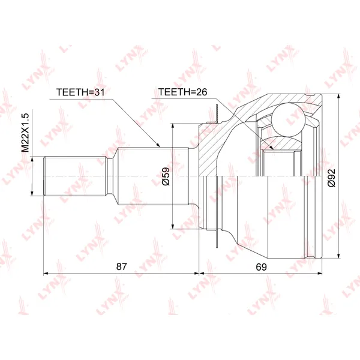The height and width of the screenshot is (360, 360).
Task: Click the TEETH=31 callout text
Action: (x=80, y=92)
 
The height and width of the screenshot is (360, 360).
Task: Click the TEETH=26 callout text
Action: (x=183, y=92)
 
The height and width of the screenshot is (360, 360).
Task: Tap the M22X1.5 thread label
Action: (x=25, y=133)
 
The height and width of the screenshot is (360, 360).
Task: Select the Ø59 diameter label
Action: (x=166, y=176)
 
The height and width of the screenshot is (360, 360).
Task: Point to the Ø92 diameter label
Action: (x=332, y=178)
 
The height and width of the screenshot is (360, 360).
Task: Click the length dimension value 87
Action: (x=122, y=266)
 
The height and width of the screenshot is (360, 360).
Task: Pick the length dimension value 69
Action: (x=261, y=267)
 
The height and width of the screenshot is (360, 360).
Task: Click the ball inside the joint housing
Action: (x=288, y=120)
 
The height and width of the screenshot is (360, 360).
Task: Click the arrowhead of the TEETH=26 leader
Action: (x=272, y=148)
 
